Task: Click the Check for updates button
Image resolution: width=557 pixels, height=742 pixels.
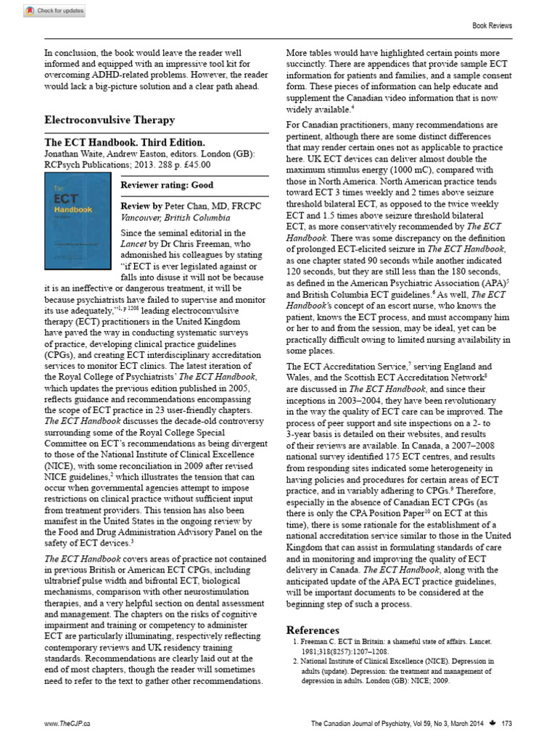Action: (x=54, y=11)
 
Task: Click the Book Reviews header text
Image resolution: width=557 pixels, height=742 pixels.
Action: (x=492, y=25)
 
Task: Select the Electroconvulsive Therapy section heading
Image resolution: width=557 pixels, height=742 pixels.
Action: (x=110, y=120)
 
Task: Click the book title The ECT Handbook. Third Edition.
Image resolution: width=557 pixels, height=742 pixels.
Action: (x=125, y=143)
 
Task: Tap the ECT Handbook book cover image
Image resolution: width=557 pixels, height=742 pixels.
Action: (x=80, y=217)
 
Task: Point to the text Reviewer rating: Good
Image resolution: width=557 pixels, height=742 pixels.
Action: (x=167, y=185)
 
